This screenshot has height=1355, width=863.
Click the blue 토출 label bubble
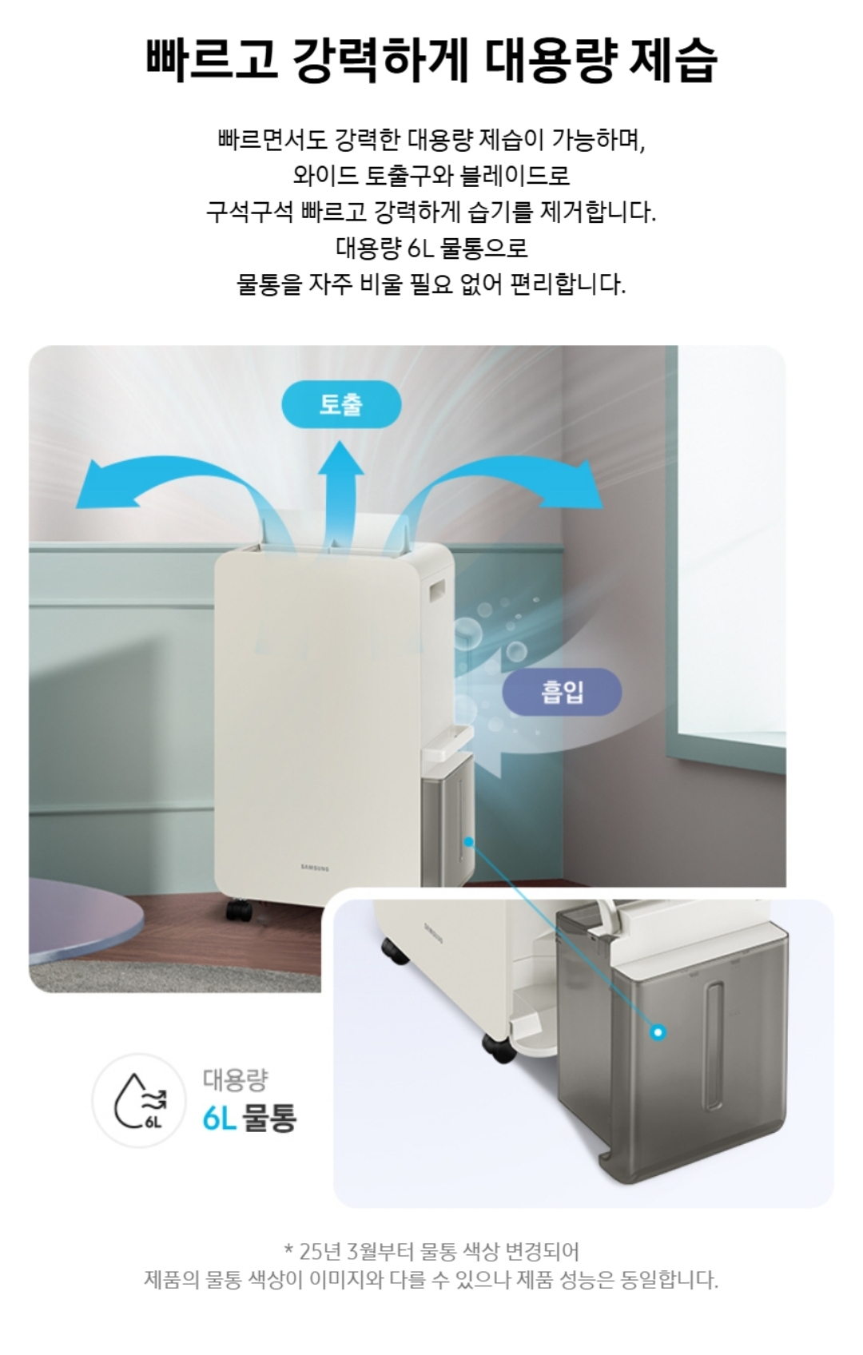[341, 404]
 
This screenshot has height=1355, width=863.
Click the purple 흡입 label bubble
[563, 692]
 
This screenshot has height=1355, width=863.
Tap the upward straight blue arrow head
[340, 458]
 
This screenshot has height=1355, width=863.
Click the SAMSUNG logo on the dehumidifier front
[316, 868]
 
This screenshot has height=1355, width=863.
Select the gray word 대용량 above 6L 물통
[235, 1080]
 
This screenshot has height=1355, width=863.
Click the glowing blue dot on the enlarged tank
[658, 1032]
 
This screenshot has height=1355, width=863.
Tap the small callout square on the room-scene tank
[468, 840]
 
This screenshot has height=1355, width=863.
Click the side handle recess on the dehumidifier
[436, 591]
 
